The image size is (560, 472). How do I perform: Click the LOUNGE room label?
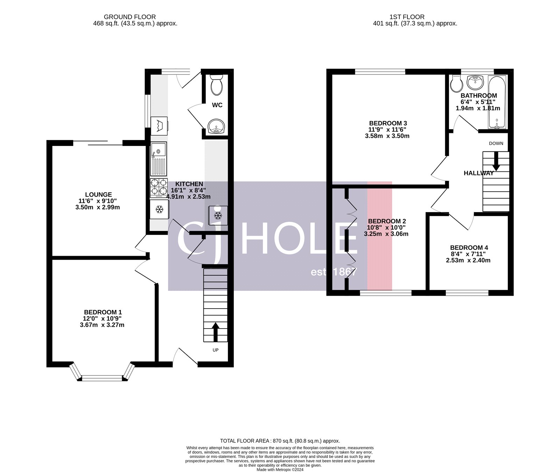[x=98, y=195]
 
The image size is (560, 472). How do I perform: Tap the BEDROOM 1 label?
[x=103, y=312]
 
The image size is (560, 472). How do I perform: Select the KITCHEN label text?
[x=189, y=184]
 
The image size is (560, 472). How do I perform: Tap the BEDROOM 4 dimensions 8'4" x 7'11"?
[x=468, y=254]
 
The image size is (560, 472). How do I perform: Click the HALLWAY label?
[x=478, y=173]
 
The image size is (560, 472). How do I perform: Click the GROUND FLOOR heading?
[x=130, y=17]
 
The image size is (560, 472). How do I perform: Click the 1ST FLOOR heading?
[x=407, y=17]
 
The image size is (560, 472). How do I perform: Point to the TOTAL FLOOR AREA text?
[x=280, y=441]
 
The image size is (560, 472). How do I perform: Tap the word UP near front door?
[x=216, y=350]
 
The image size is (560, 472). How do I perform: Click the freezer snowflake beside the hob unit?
[x=160, y=210]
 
